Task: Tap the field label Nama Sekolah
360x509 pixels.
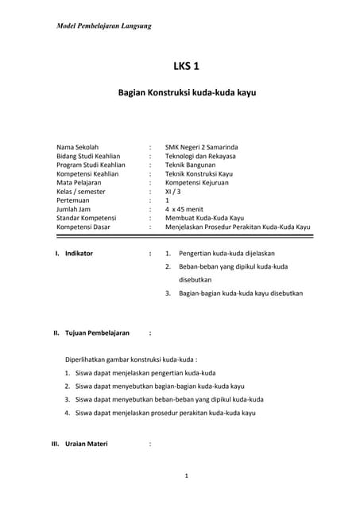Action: point(77,147)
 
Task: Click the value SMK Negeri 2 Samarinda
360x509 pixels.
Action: point(201,147)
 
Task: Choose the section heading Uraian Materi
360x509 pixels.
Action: point(87,443)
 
